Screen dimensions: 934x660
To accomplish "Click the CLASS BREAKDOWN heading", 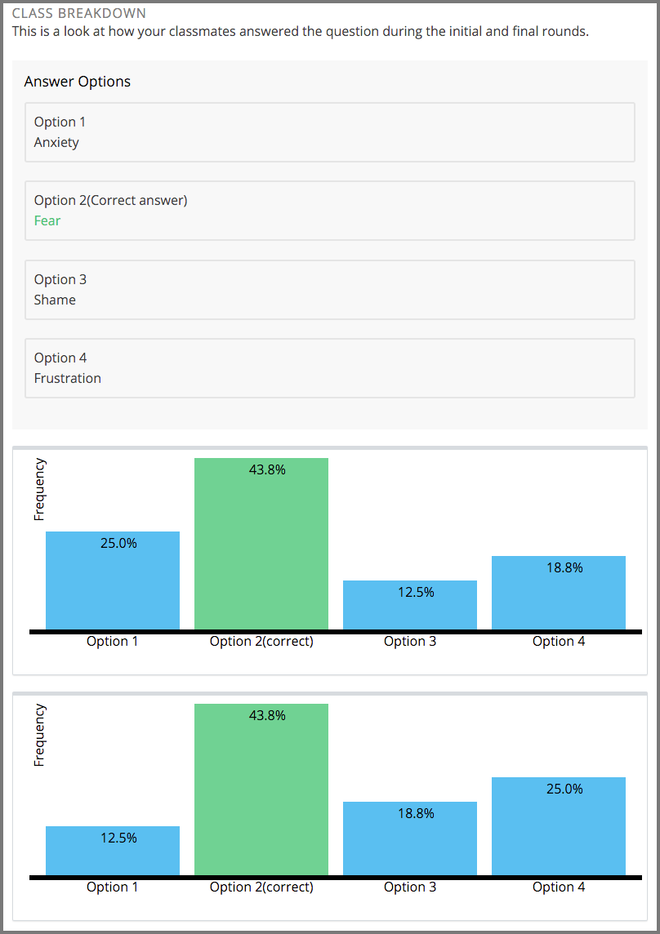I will (x=79, y=14).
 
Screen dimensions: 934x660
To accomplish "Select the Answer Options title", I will (x=78, y=82).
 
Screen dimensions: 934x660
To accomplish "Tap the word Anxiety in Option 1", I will (x=56, y=142).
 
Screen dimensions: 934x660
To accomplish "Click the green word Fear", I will (x=47, y=220).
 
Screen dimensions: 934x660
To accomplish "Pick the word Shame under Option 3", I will (x=55, y=300).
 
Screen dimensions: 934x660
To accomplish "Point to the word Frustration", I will (x=68, y=378).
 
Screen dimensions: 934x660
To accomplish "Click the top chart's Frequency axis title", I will (x=39, y=489).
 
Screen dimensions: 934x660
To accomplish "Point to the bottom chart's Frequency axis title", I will (x=39, y=735).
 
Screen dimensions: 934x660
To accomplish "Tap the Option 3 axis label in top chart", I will (x=410, y=642).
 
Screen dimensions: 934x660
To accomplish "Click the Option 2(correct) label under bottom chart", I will (x=261, y=887).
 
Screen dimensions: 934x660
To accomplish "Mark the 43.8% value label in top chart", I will (x=267, y=469).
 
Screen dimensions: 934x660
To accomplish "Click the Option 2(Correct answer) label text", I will (x=110, y=200).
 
